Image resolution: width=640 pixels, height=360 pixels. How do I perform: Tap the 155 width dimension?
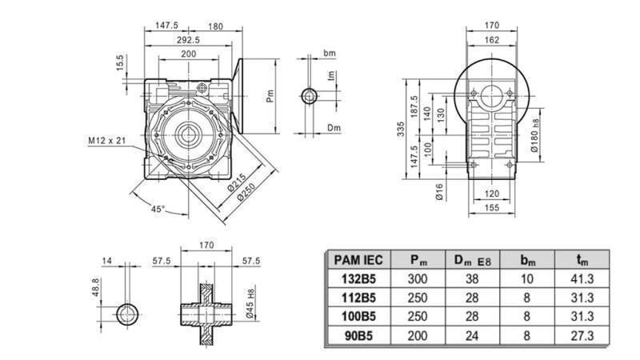point(492,207)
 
